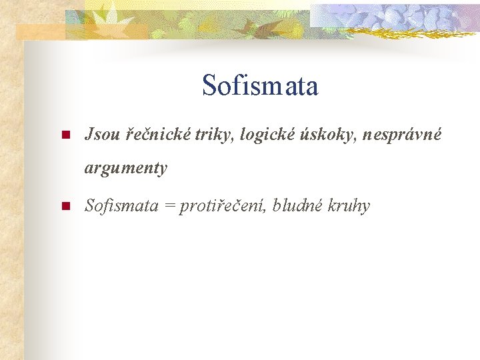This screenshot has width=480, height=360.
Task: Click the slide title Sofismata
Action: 260,86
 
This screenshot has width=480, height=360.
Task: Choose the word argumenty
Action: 125,168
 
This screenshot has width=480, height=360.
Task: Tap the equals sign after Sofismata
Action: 169,206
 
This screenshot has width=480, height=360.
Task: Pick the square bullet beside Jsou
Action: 65,136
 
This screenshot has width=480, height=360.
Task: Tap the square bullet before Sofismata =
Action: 65,207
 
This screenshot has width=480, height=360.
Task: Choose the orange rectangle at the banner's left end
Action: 40,31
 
